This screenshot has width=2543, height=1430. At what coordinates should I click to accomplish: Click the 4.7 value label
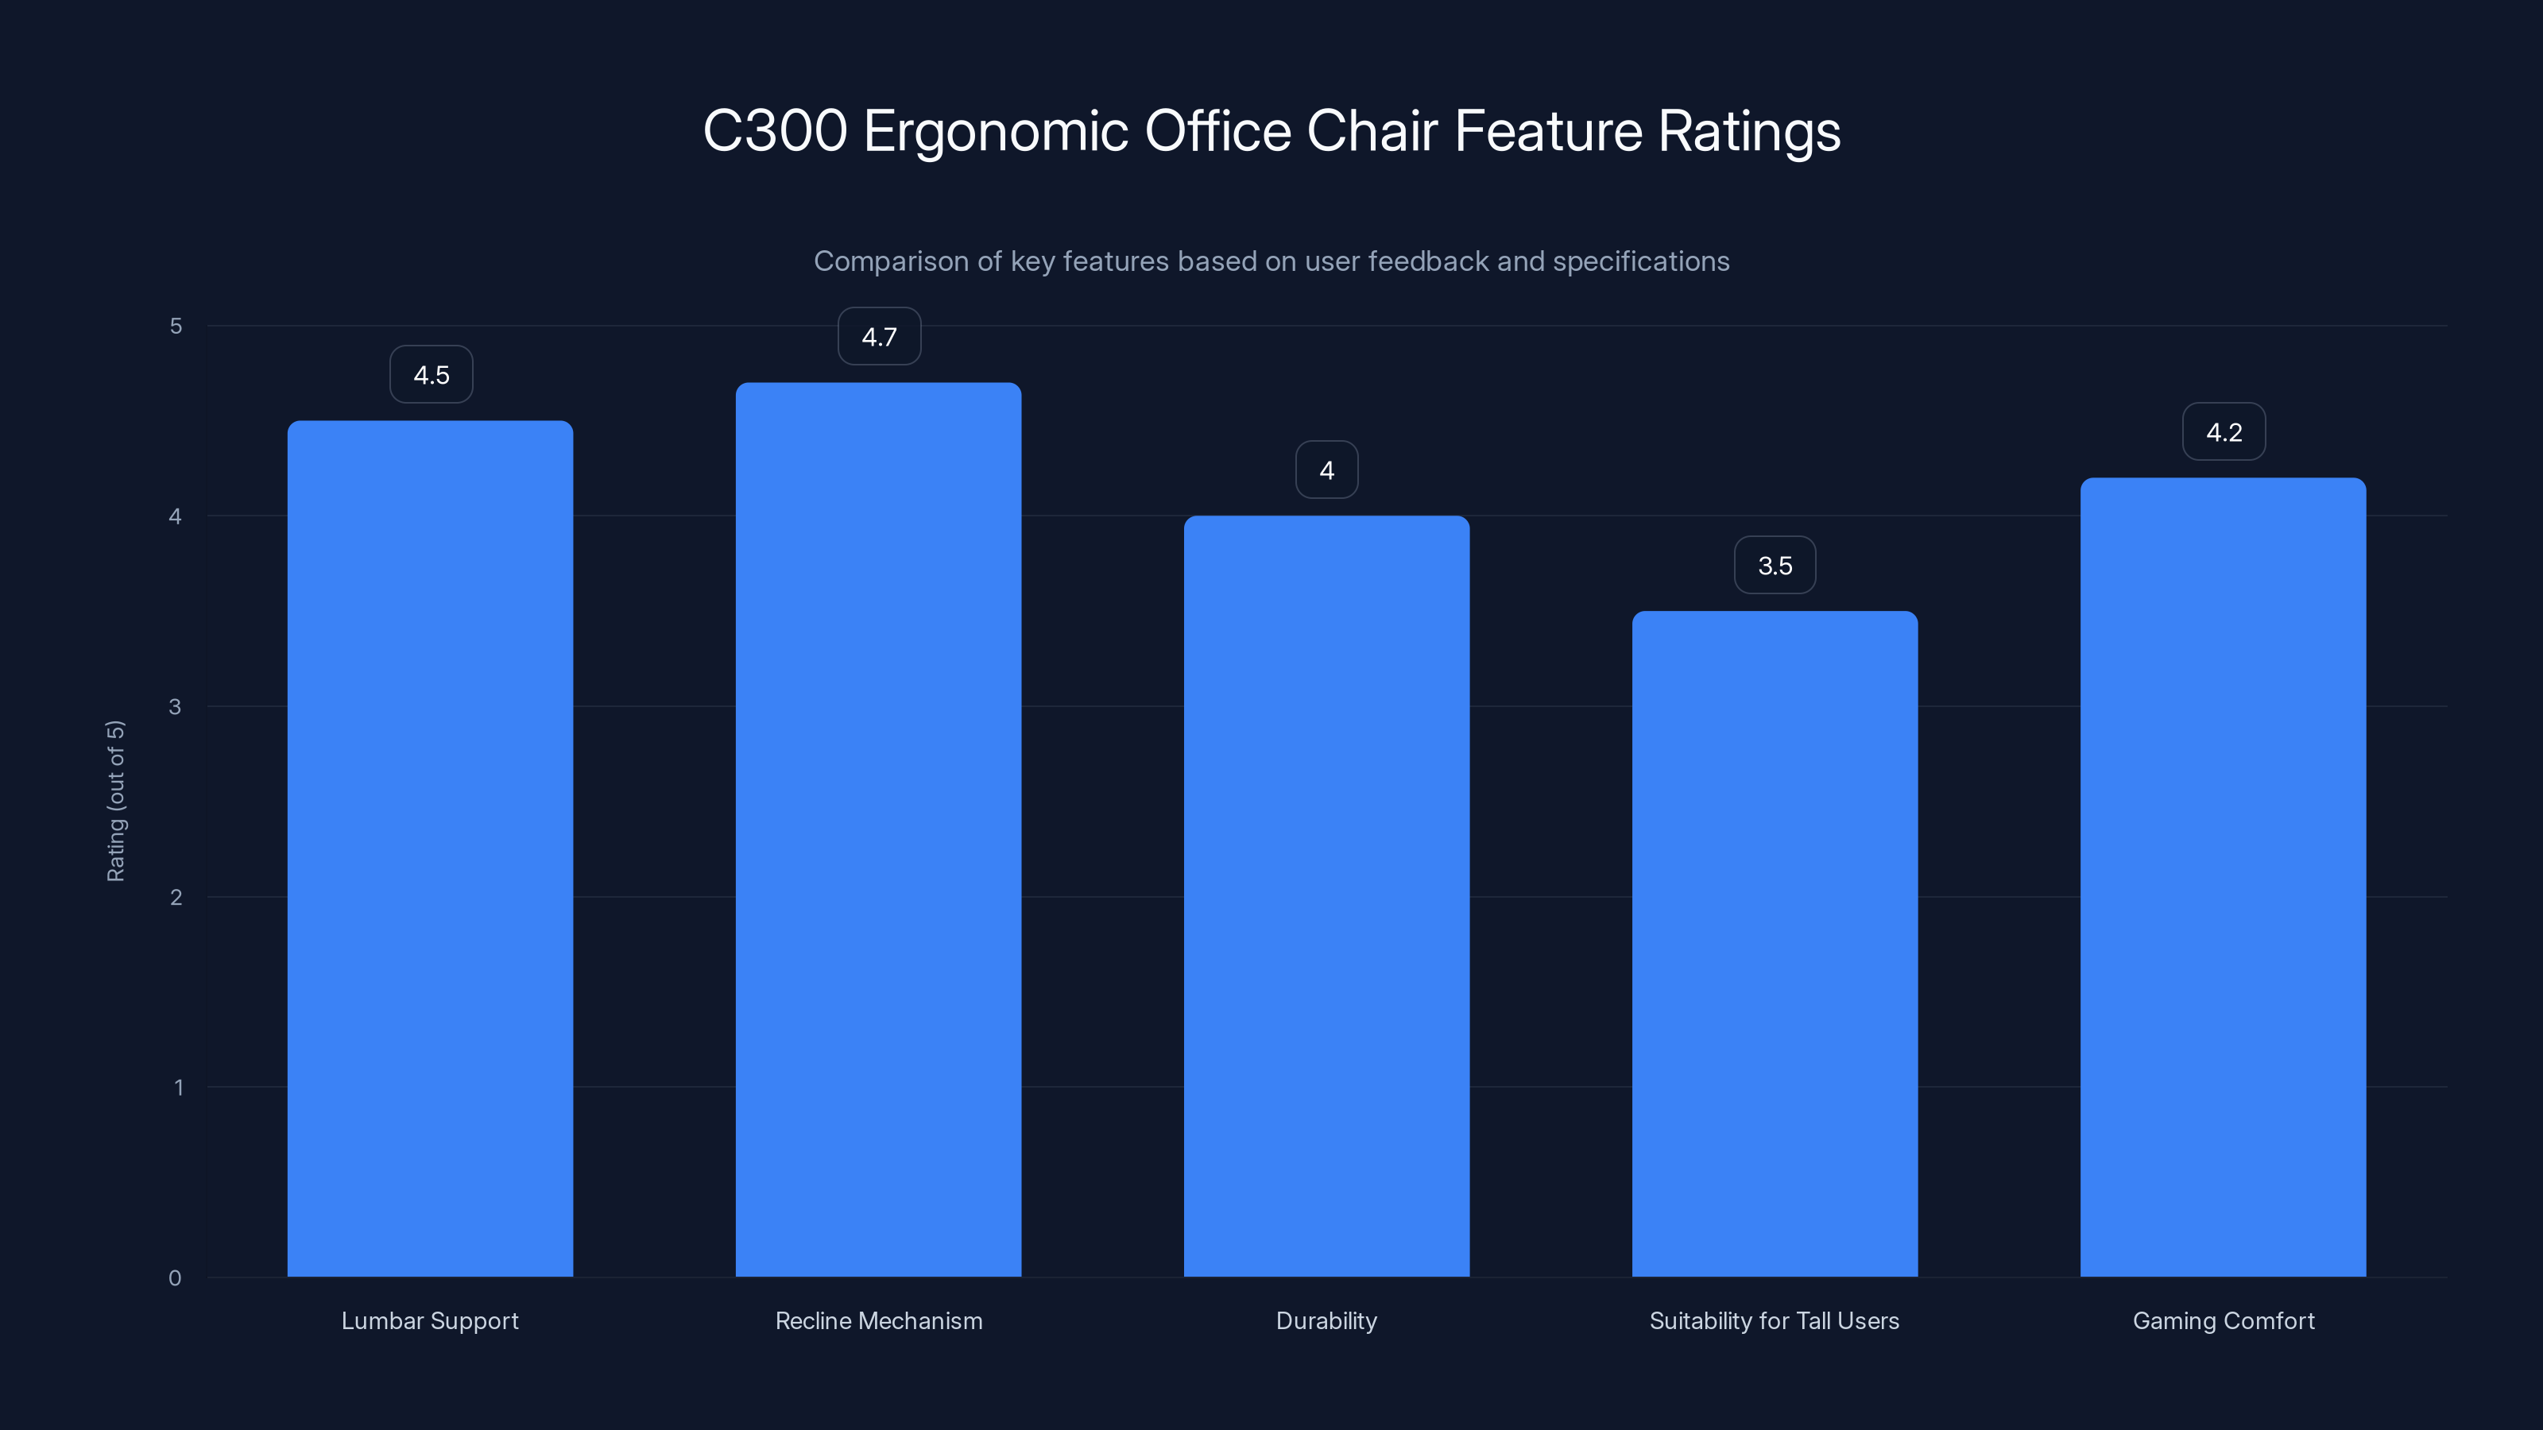click(879, 337)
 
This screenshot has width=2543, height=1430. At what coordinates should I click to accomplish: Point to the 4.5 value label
click(431, 375)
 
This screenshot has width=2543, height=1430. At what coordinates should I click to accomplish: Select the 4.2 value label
click(2224, 432)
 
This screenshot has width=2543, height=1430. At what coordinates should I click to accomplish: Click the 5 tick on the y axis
click(176, 326)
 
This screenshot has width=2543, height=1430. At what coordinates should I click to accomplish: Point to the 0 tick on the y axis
click(175, 1278)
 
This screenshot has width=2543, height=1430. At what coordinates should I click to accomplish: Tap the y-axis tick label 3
click(175, 706)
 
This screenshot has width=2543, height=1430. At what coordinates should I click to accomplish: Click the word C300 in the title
click(774, 131)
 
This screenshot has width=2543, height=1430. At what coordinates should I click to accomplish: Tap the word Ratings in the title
click(1748, 131)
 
